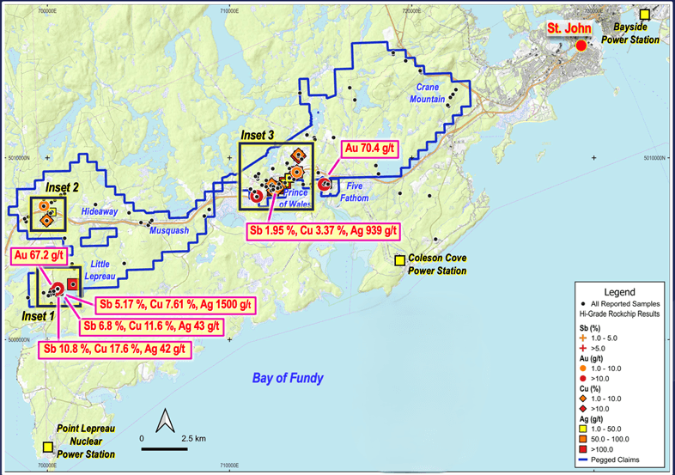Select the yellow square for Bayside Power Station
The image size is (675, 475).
(645, 14)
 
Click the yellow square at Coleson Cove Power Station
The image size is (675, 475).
(399, 260)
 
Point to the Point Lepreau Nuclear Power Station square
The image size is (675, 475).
(46, 447)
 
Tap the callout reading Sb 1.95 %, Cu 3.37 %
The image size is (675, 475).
(325, 230)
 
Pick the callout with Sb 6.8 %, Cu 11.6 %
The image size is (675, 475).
(151, 326)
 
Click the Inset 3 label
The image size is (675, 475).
(258, 135)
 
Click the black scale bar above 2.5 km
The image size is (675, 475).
(161, 447)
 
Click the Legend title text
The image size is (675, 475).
(620, 292)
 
